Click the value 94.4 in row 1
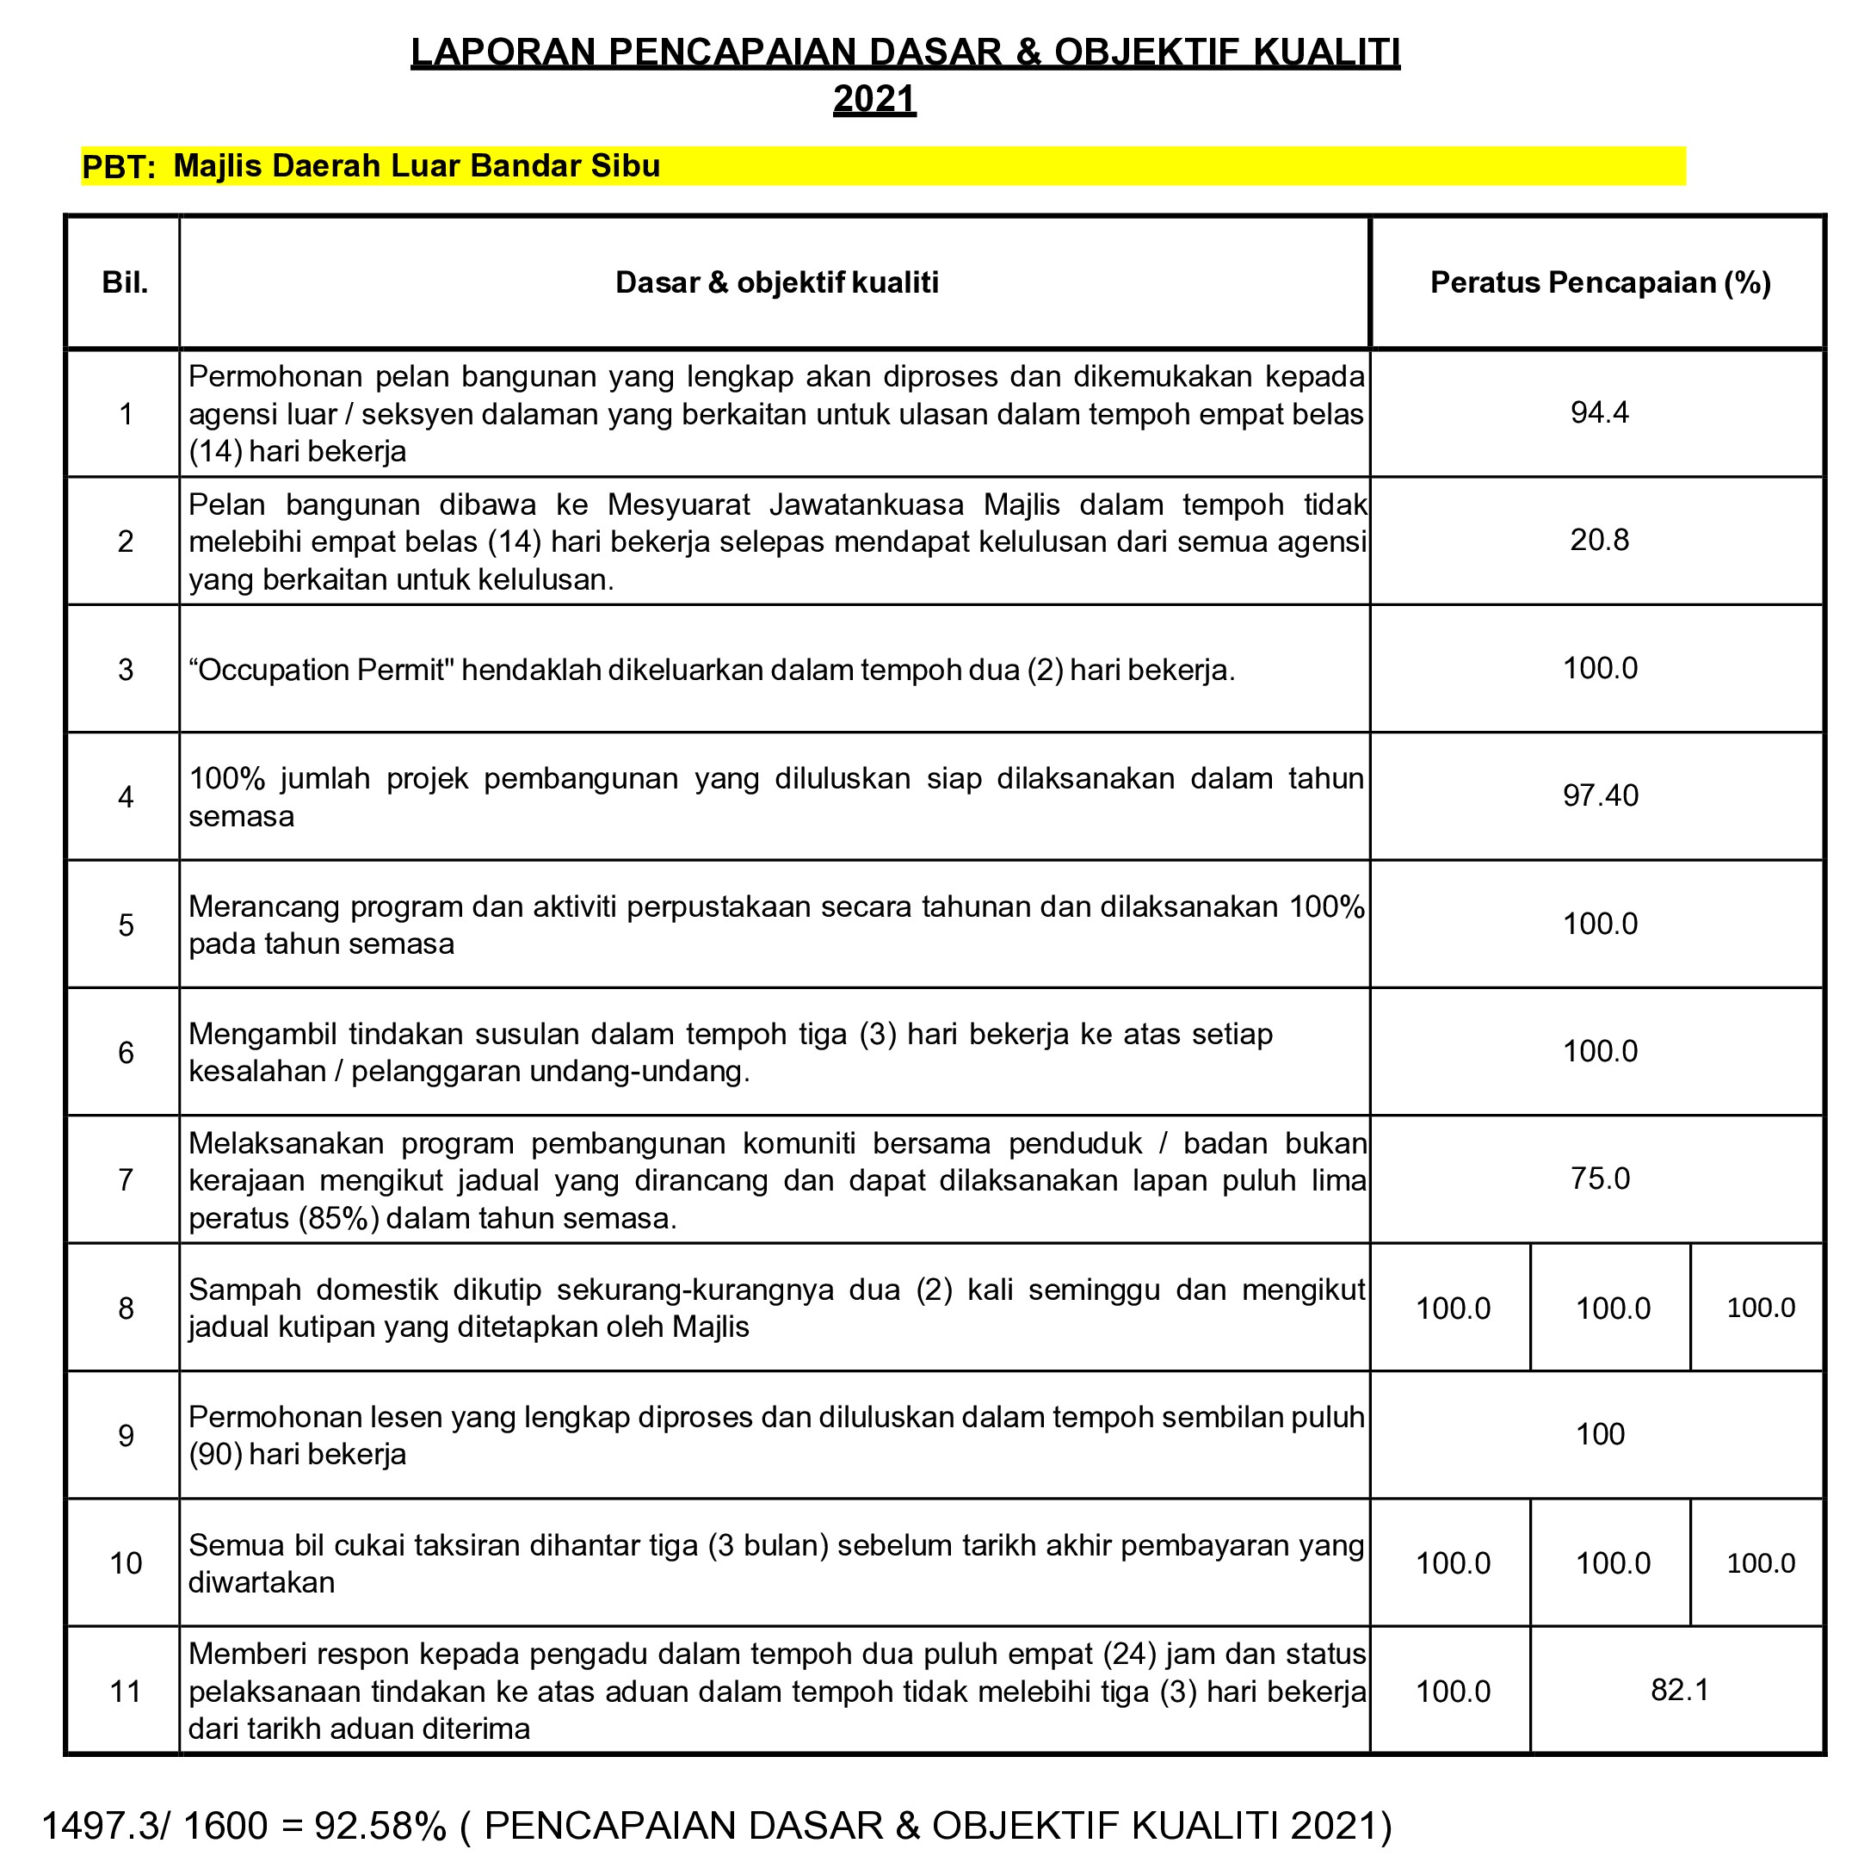pyautogui.click(x=1599, y=413)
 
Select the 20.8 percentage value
pyautogui.click(x=1599, y=540)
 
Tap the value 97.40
pyautogui.click(x=1600, y=795)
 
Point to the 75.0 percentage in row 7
pyautogui.click(x=1600, y=1178)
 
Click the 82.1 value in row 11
pyautogui.click(x=1680, y=1689)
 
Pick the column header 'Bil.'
pyautogui.click(x=126, y=282)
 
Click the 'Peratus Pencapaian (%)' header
pyautogui.click(x=1600, y=282)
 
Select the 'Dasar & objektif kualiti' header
pyautogui.click(x=776, y=282)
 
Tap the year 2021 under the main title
pyautogui.click(x=874, y=99)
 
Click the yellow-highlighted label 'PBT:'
pyautogui.click(x=119, y=167)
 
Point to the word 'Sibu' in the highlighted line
pyautogui.click(x=628, y=165)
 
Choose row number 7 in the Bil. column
pyautogui.click(x=126, y=1179)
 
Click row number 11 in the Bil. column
pyautogui.click(x=126, y=1691)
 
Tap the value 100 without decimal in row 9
pyautogui.click(x=1600, y=1434)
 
